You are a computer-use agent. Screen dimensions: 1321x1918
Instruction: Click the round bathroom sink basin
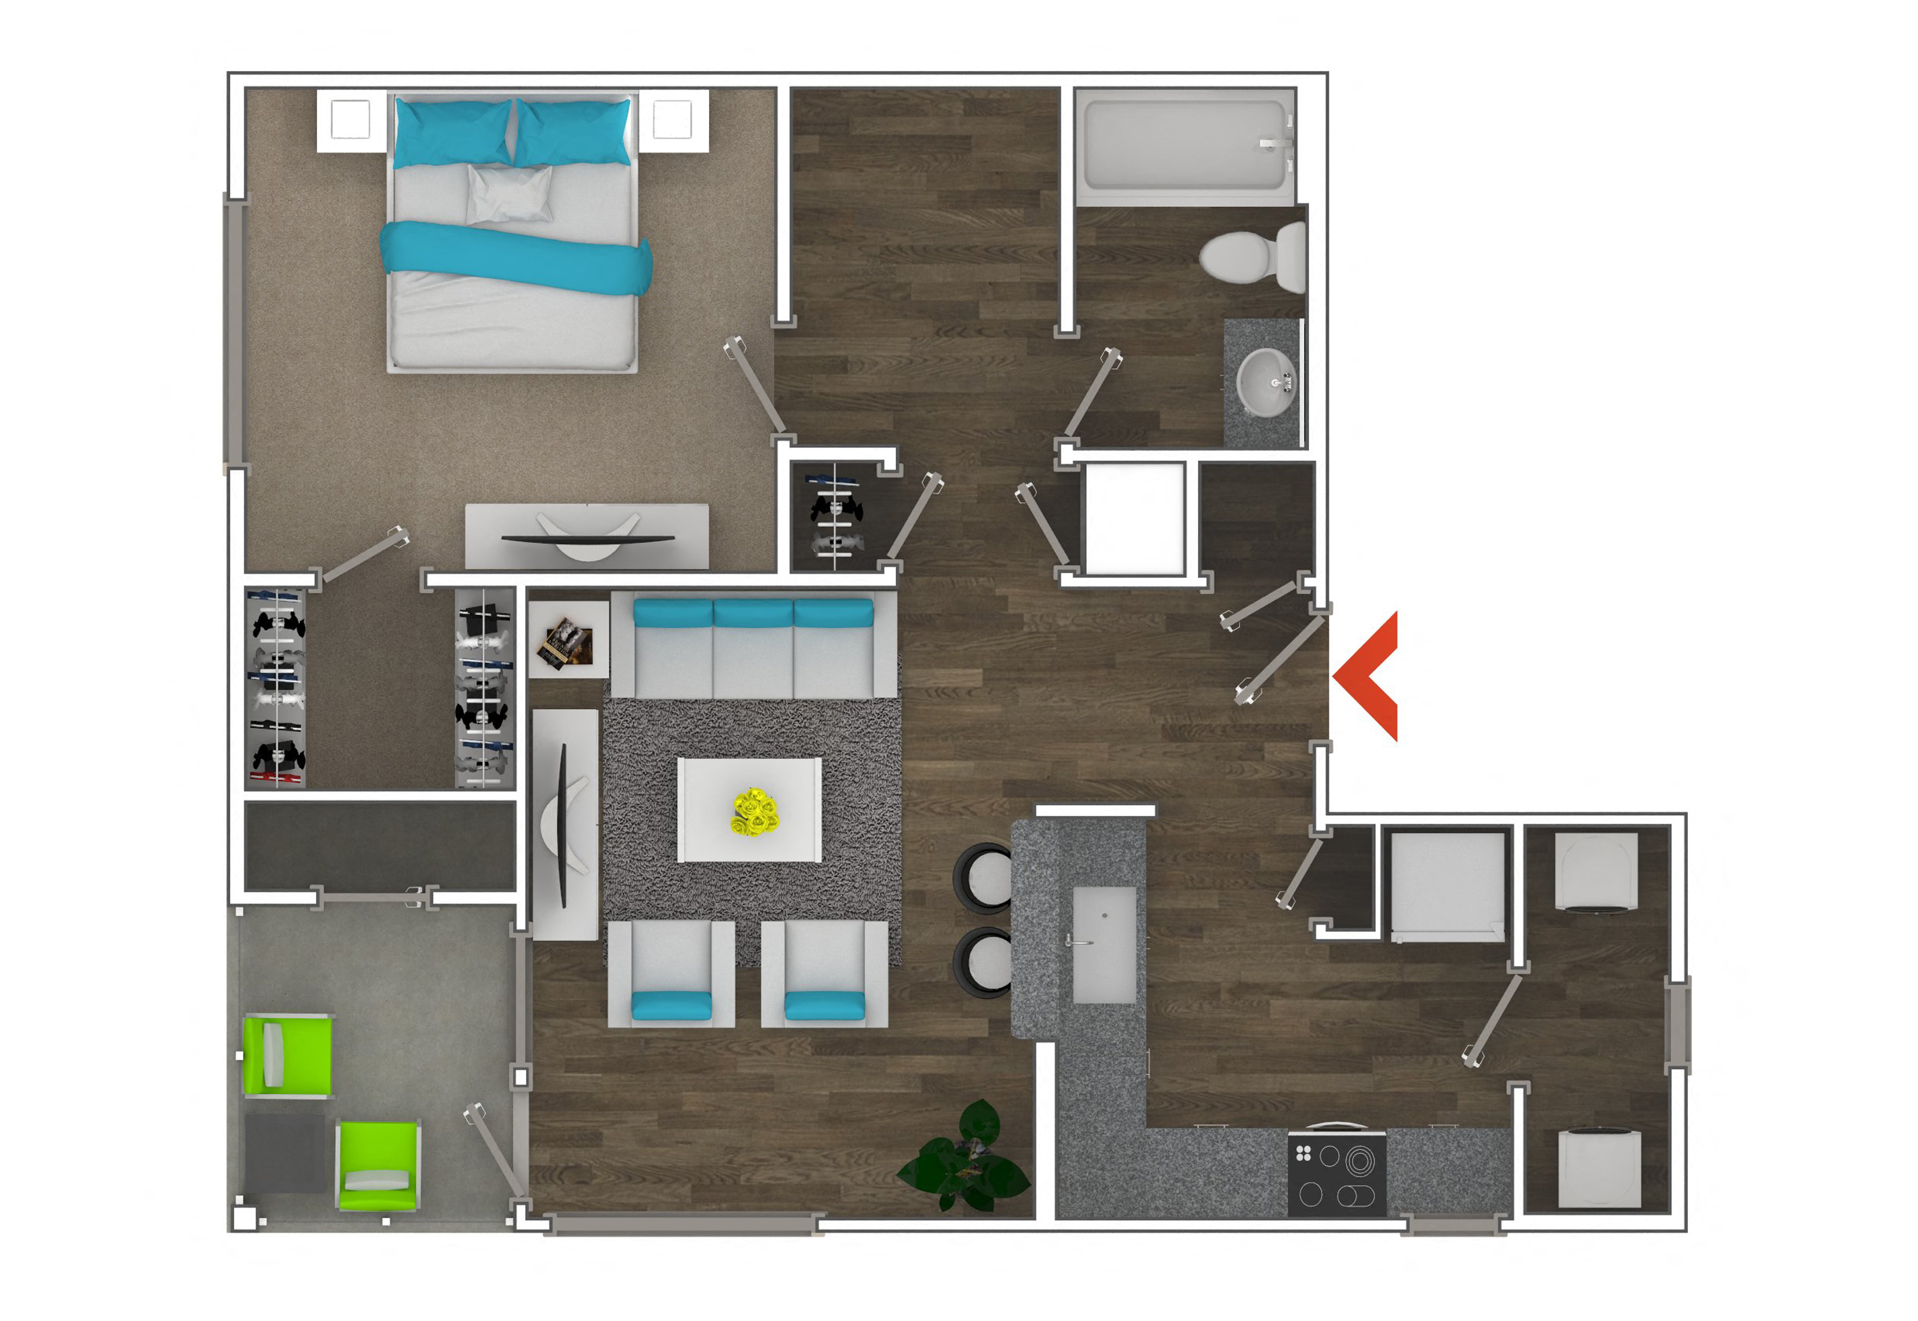[x=1265, y=383]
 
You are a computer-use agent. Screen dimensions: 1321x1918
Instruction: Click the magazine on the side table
[x=565, y=642]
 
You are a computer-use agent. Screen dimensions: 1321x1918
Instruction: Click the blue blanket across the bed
[x=515, y=258]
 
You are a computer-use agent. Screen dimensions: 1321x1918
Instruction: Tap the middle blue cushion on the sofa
[x=752, y=613]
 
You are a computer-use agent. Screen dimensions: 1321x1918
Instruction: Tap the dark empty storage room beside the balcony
[x=379, y=846]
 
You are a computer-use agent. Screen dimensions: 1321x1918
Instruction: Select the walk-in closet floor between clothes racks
[x=379, y=687]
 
